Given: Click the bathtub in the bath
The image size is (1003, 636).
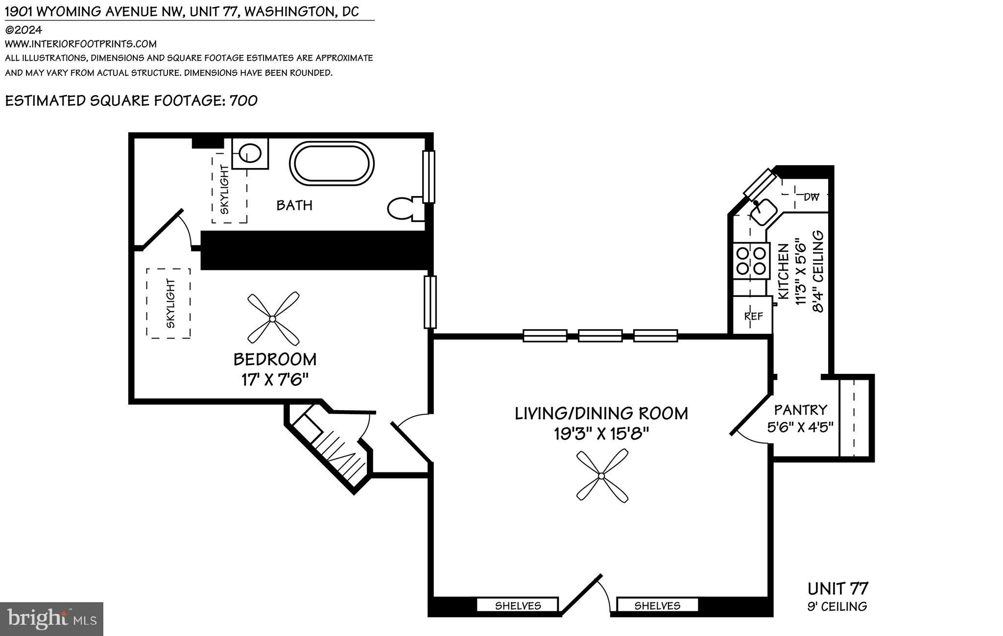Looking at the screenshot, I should (x=332, y=164).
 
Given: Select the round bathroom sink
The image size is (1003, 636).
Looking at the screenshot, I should (x=250, y=153).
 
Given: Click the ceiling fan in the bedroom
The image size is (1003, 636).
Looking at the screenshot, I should (x=273, y=318).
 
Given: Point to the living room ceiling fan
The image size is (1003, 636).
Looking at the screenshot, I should (x=602, y=476).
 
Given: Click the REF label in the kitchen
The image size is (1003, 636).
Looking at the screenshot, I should (x=753, y=317).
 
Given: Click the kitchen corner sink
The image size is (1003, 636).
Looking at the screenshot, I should (x=763, y=212).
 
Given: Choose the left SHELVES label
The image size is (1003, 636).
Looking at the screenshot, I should (x=518, y=606).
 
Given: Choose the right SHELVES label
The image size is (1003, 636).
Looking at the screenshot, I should (x=657, y=606).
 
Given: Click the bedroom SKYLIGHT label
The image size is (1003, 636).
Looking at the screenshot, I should (x=170, y=303).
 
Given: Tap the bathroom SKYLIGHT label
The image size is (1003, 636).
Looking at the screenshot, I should (x=224, y=190).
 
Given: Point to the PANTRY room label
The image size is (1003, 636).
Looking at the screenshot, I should (x=800, y=410).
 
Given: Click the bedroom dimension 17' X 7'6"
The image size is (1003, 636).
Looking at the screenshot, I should (x=275, y=380).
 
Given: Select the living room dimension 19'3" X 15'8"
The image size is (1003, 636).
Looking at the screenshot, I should (x=601, y=434).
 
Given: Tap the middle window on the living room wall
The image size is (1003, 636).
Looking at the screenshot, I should (x=600, y=336).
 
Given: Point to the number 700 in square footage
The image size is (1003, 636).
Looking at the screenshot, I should (x=243, y=100).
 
